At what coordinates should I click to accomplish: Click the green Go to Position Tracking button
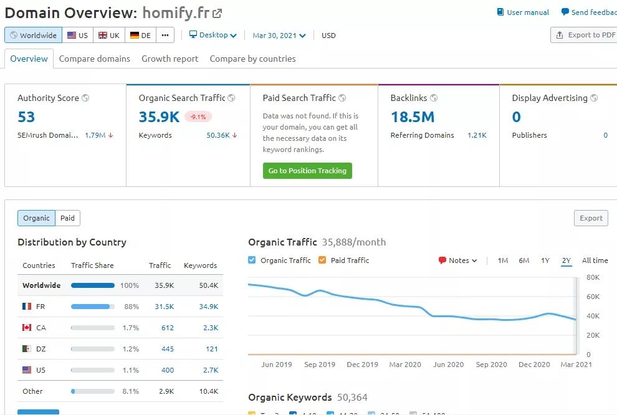tap(307, 171)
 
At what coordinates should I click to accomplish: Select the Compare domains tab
tap(95, 59)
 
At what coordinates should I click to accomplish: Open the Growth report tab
tap(170, 59)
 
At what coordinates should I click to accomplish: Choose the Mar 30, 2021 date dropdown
tap(279, 36)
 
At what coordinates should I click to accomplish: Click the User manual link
tap(523, 12)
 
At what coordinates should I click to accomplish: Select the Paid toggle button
tap(67, 218)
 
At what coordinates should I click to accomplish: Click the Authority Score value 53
tap(26, 117)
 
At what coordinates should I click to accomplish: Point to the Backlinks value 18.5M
tap(412, 117)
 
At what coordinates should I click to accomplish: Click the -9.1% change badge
tap(198, 117)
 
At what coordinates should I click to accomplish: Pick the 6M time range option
tap(524, 260)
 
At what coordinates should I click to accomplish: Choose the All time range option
tap(595, 260)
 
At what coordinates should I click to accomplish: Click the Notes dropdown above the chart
tap(458, 260)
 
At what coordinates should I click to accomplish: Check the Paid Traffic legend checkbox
tap(322, 260)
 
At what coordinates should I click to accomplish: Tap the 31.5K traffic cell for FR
tap(164, 307)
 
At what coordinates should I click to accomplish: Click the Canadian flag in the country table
tap(27, 328)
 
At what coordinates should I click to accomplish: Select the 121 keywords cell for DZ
tap(211, 349)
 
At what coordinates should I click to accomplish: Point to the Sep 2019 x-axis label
tap(320, 365)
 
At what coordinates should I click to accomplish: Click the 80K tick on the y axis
tap(593, 277)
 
